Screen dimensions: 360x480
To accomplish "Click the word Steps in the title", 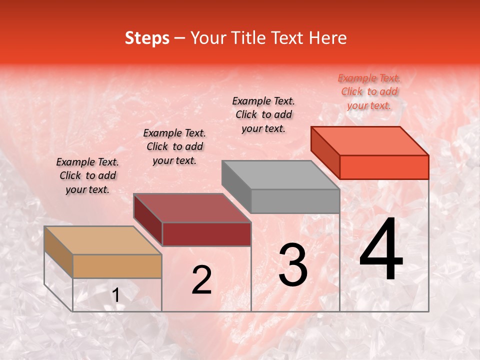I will point(147,38).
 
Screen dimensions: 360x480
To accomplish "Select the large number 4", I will point(381,250).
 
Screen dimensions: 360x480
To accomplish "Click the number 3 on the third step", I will point(293,265).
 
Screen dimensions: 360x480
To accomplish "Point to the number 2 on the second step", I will point(201,280).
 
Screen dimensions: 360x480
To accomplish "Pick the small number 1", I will point(116,295).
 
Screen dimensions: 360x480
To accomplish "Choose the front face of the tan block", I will point(117,266).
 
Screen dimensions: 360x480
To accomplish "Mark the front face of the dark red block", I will point(206,234).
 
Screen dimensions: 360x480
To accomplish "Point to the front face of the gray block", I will point(295,201).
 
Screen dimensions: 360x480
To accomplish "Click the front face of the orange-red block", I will point(384,167).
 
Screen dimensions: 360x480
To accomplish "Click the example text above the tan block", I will point(87,176).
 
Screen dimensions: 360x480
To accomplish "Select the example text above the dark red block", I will point(174,146).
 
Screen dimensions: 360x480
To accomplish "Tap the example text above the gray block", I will point(263,114).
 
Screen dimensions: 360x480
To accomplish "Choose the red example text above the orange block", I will point(369,91).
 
